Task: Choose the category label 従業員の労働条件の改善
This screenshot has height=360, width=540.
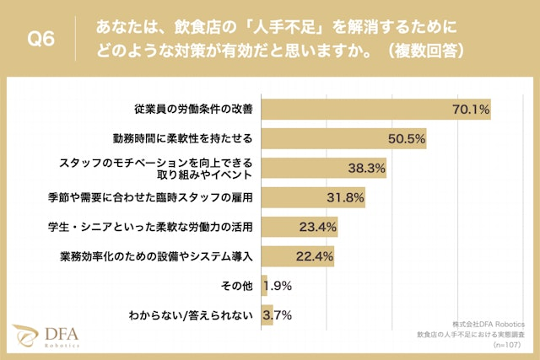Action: (x=194, y=110)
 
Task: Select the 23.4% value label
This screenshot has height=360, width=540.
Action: (x=318, y=227)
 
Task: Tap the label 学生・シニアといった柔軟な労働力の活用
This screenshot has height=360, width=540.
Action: (x=151, y=227)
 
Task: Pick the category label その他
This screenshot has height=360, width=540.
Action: (x=237, y=286)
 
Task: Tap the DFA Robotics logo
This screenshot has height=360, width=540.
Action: (x=46, y=336)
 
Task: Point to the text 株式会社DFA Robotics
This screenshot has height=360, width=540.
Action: (x=488, y=325)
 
